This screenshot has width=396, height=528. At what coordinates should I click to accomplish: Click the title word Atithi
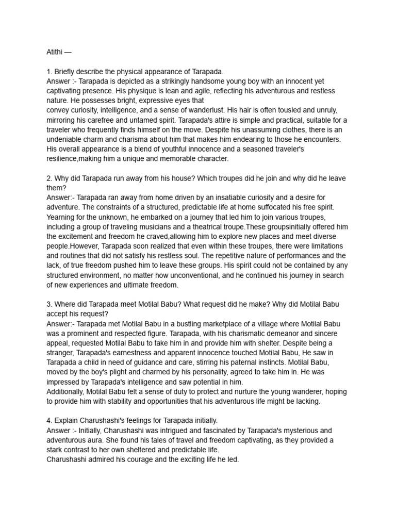pyautogui.click(x=55, y=52)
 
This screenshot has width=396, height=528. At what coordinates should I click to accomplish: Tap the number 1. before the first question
pyautogui.click(x=49, y=72)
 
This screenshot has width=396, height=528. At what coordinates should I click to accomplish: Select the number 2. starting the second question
pyautogui.click(x=49, y=178)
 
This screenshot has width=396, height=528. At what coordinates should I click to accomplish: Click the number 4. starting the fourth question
pyautogui.click(x=49, y=421)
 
